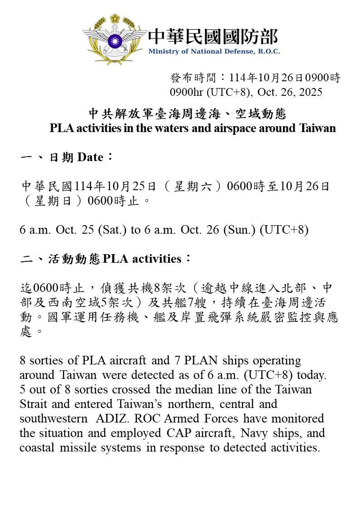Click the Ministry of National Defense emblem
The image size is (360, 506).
point(114,40)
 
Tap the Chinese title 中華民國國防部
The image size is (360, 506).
point(213,36)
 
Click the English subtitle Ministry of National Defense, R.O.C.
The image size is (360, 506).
point(214,51)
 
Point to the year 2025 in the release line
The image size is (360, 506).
point(310,92)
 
